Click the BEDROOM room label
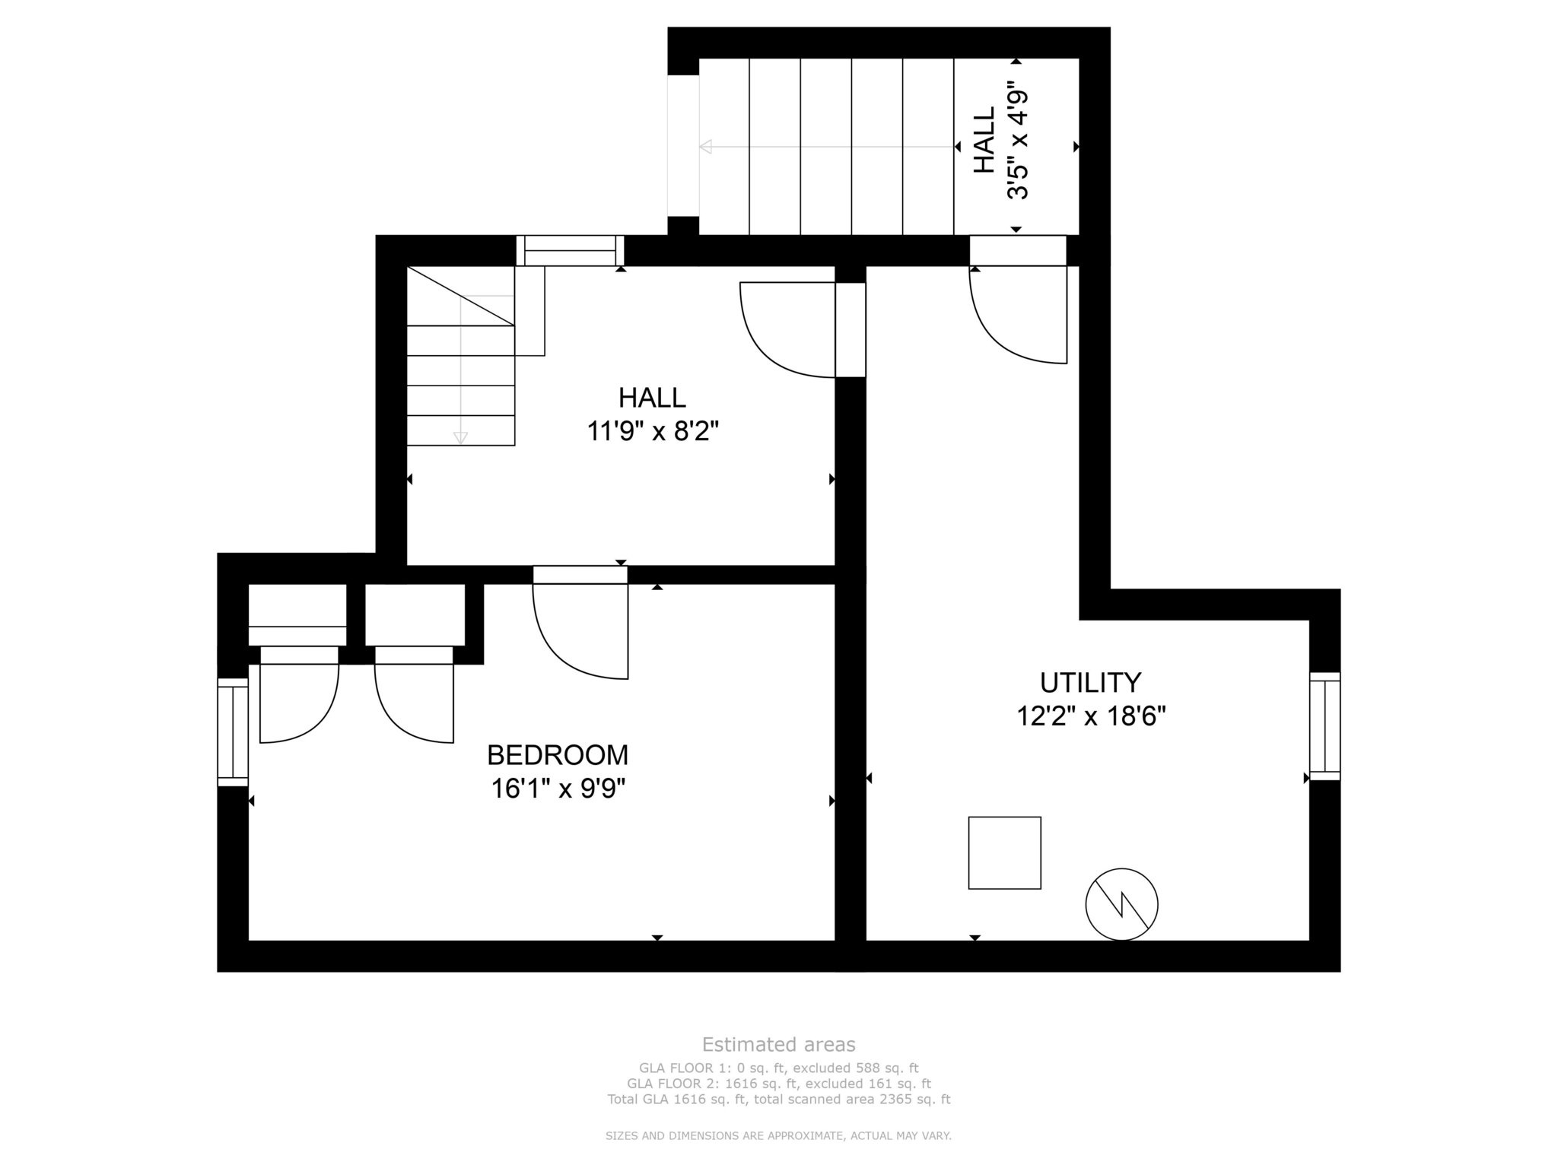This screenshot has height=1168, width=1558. (x=558, y=755)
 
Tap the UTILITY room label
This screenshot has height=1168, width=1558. (x=1091, y=683)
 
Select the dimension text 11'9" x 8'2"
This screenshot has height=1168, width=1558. (x=653, y=432)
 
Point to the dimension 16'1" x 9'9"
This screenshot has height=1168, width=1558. (x=558, y=789)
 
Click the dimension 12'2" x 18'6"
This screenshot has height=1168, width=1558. (x=1092, y=716)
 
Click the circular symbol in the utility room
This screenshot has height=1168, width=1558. (x=1121, y=905)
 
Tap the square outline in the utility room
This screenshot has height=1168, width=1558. (x=1004, y=852)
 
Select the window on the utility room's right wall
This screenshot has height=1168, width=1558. (x=1324, y=726)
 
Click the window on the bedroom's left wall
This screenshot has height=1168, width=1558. (x=233, y=732)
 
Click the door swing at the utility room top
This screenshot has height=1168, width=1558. (x=1018, y=315)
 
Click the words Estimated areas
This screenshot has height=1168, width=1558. (x=778, y=1044)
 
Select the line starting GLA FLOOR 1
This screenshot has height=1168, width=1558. (x=778, y=1068)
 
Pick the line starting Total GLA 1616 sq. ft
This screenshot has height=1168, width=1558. (x=778, y=1099)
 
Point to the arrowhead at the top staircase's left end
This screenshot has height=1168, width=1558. (x=705, y=146)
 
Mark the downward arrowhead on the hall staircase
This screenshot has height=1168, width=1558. (x=460, y=438)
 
